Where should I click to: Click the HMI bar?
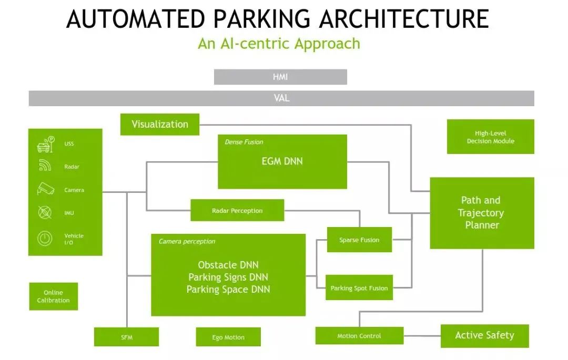pos(280,77)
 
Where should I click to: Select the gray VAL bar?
pos(281,98)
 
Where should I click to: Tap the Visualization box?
pos(160,125)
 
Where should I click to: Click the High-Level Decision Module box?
pos(491,137)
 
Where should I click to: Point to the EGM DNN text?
pos(282,161)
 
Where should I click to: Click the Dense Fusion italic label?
pos(244,142)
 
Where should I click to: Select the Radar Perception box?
pos(237,210)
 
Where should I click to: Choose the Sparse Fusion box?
pos(359,240)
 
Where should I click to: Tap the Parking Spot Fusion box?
pos(359,287)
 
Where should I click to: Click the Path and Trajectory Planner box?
pos(482,213)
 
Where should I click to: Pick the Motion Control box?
pos(359,336)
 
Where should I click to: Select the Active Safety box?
pos(485,336)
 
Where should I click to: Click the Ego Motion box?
pos(228,337)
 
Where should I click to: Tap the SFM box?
pos(126,337)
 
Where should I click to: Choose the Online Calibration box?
pos(53,296)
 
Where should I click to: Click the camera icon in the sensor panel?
pos(45,189)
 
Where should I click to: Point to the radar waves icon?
pos(45,166)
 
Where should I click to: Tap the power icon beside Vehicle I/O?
pos(45,239)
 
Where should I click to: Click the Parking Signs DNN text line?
pos(228,277)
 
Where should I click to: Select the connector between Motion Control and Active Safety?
pos(422,336)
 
